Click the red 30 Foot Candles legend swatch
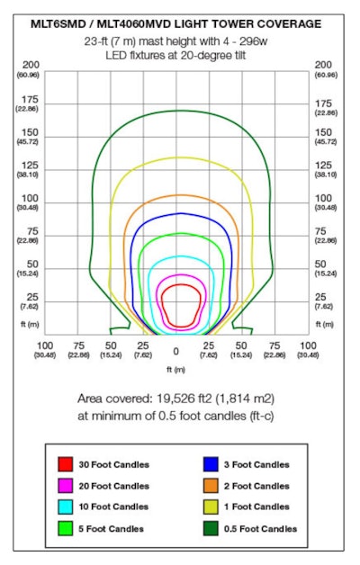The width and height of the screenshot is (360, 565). click(x=65, y=464)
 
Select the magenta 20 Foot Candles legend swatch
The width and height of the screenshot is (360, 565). click(x=65, y=486)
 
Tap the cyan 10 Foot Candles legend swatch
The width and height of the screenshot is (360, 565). click(x=65, y=507)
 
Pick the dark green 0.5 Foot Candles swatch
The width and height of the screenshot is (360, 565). click(x=211, y=528)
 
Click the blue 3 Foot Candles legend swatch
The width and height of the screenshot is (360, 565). click(x=211, y=464)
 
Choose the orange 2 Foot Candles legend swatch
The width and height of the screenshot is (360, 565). click(x=211, y=486)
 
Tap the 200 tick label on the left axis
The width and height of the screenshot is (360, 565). click(x=32, y=65)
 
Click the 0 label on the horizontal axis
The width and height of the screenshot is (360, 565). click(x=176, y=351)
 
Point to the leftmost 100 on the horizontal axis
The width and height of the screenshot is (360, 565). click(x=45, y=345)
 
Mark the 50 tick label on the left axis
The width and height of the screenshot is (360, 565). click(x=32, y=264)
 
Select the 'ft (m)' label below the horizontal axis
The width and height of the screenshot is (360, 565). click(x=176, y=369)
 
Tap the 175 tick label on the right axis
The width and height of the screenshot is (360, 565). click(x=325, y=103)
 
